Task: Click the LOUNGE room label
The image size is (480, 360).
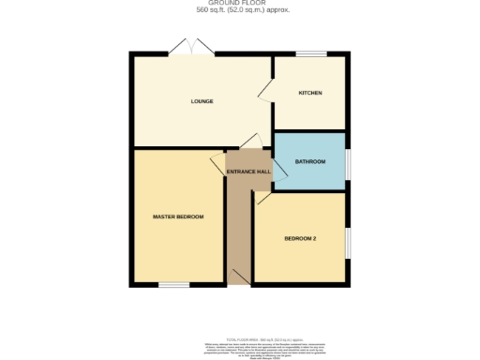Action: [x=202, y=101]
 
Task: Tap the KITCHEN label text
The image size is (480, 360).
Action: [x=310, y=93]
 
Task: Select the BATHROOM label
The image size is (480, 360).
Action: [x=309, y=161]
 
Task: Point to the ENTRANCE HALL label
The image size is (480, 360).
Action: [x=248, y=172]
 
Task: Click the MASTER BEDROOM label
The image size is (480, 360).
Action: [x=178, y=217]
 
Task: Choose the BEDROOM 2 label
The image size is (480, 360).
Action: [x=300, y=238]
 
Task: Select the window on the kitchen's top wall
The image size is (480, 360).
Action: [x=310, y=54]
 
